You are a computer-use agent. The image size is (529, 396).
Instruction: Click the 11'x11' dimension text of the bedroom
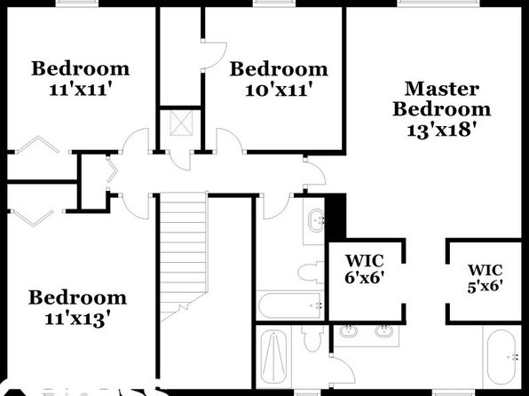[80, 90]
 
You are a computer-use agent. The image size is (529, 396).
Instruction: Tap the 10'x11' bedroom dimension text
[279, 91]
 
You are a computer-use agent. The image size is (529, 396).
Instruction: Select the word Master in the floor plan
[442, 89]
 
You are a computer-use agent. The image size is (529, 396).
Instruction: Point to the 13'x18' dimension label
[443, 130]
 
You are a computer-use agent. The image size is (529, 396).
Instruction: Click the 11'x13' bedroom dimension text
[77, 319]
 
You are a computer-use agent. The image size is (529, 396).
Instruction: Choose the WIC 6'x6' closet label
[365, 269]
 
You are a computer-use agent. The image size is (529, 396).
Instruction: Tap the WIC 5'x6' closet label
[486, 278]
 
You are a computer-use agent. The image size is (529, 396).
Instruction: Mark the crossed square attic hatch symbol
[181, 123]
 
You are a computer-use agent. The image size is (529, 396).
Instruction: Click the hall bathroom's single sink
[317, 221]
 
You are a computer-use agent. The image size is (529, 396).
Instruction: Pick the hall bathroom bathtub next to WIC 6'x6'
[290, 305]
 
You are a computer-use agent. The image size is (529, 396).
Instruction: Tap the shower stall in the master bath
[273, 357]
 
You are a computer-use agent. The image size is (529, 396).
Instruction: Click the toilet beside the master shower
[313, 338]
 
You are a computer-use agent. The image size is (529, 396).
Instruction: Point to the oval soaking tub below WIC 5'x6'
[502, 357]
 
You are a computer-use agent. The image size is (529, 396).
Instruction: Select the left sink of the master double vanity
[349, 331]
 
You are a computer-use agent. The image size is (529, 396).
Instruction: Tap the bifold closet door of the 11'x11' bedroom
[38, 145]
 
